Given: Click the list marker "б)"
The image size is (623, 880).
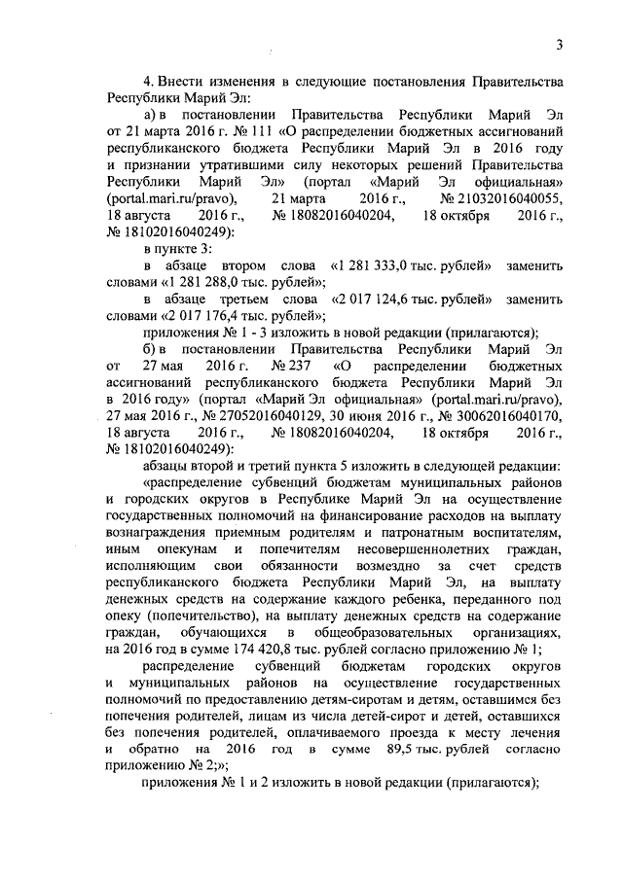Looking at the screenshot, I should coord(150,350).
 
